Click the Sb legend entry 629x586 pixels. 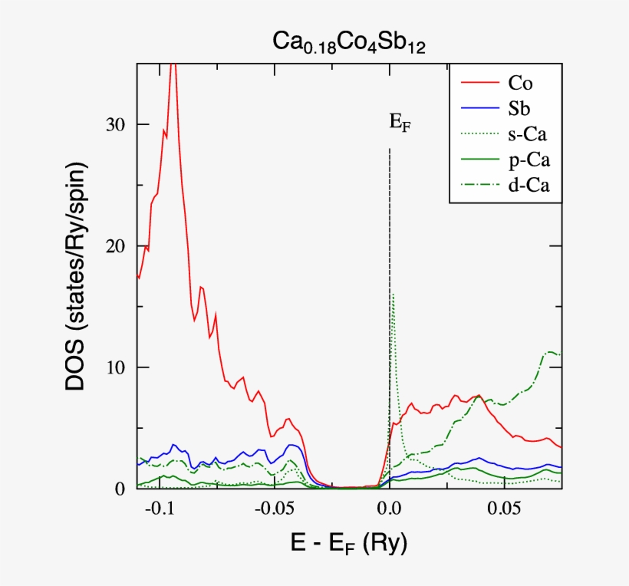519,108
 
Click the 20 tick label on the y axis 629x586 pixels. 116,246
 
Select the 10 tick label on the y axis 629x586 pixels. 116,368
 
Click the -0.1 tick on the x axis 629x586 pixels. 159,509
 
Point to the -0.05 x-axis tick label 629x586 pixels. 274,509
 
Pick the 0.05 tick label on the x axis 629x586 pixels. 506,509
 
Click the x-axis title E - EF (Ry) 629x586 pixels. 350,545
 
